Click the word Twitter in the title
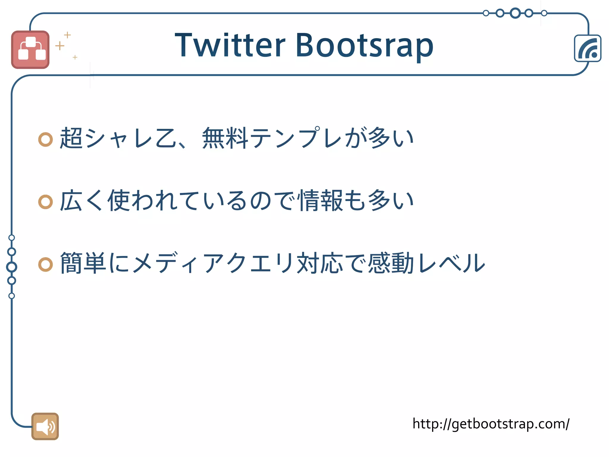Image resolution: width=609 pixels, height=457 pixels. point(230,45)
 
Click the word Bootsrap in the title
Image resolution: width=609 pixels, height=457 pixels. point(364,45)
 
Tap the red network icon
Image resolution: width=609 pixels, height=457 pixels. point(30,50)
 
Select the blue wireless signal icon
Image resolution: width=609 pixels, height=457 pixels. point(588,48)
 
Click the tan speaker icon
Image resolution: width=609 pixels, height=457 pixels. point(45,426)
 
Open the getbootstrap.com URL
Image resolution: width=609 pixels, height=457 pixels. point(491,424)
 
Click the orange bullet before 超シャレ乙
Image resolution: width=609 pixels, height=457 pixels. point(45,139)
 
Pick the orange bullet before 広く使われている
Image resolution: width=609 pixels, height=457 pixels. point(45,202)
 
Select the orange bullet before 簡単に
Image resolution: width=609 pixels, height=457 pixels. point(45,264)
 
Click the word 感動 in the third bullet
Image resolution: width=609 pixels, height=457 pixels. point(391,263)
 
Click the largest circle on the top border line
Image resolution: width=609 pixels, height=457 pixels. point(515,13)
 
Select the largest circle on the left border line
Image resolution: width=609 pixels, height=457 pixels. point(12,267)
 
